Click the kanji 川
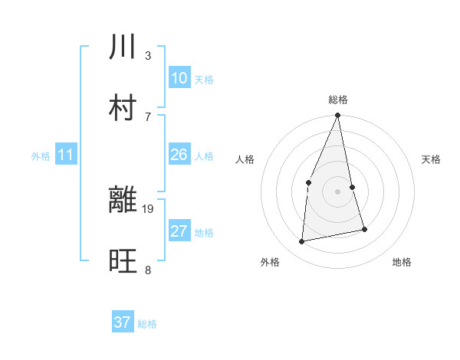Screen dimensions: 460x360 (123, 47)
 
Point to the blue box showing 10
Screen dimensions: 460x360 (179, 78)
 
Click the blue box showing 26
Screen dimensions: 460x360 (179, 155)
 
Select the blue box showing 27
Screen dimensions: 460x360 (179, 231)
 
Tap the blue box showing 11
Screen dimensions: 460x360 (65, 155)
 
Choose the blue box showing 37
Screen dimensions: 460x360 (122, 322)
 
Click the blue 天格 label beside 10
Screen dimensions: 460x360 (204, 80)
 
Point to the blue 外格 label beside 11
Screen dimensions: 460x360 (41, 156)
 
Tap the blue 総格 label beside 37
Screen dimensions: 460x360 (147, 324)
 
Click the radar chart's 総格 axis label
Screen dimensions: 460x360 (338, 100)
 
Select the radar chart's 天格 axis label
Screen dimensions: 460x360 (432, 159)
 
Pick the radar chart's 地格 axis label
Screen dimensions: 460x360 (402, 262)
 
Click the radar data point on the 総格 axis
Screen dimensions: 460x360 (338, 116)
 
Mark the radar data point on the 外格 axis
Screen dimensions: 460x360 (302, 242)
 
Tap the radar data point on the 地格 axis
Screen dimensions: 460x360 (364, 229)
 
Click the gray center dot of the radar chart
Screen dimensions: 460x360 (338, 191)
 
